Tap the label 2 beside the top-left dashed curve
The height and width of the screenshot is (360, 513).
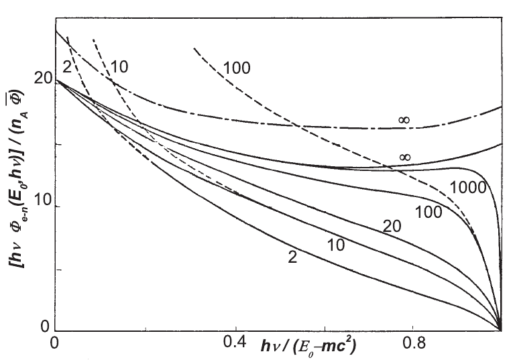coord(66,66)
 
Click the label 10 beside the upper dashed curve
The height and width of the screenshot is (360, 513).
coord(120,66)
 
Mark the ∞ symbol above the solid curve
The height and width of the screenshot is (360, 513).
coord(405,157)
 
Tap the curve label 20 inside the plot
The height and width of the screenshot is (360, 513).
coord(392,226)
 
